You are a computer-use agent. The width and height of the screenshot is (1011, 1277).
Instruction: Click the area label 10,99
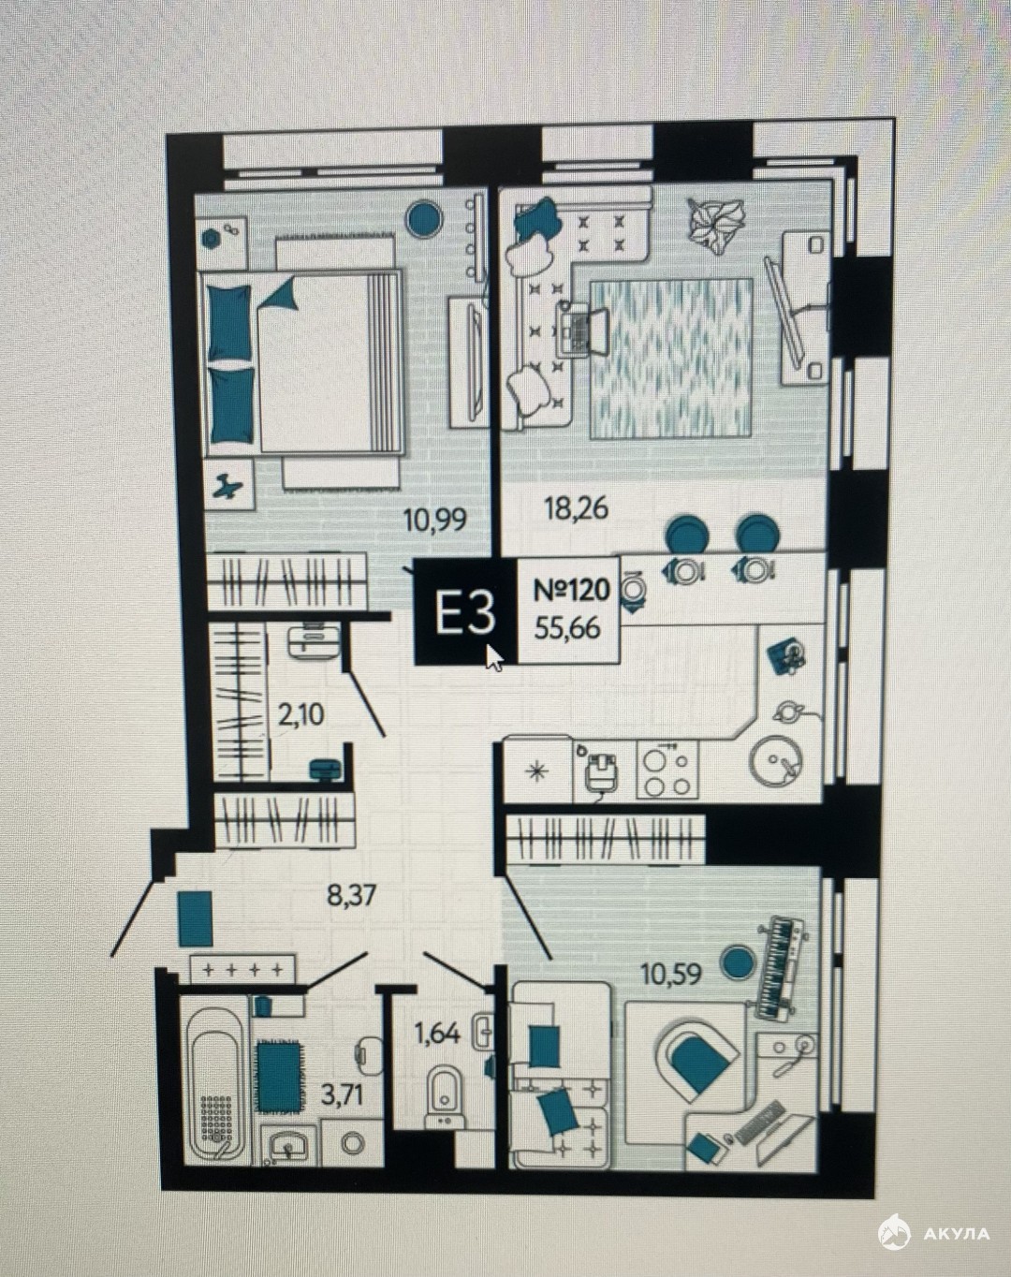435,521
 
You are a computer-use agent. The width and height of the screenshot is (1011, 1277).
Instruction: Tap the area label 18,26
577,508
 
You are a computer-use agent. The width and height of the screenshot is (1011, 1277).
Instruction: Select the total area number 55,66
567,627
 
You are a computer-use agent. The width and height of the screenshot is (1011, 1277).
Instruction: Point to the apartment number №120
572,591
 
